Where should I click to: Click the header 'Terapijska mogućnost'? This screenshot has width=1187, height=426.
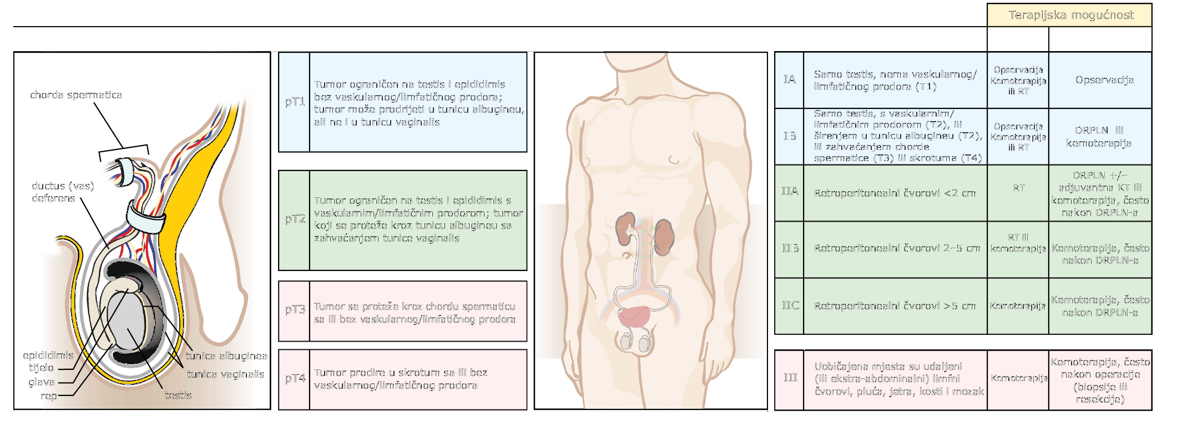click(x=1070, y=15)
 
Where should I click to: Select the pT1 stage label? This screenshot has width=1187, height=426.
click(x=295, y=102)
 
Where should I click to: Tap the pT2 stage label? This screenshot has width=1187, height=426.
click(x=295, y=219)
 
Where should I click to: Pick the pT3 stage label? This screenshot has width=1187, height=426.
click(x=295, y=309)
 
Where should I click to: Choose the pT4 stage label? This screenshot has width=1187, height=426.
click(x=295, y=378)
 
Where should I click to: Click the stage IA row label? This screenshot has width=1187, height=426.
click(x=790, y=79)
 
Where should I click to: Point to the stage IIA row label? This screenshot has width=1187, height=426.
click(x=790, y=191)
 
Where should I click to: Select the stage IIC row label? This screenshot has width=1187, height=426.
click(x=790, y=305)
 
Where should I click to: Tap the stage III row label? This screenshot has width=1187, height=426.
click(x=790, y=378)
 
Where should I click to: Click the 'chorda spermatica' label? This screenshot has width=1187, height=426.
click(x=76, y=95)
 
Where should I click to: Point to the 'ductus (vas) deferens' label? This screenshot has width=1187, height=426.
click(x=62, y=192)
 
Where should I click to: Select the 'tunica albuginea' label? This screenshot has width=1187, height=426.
click(x=226, y=356)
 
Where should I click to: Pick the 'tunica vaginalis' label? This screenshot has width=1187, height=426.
click(x=225, y=374)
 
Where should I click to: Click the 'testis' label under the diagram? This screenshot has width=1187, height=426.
click(x=178, y=395)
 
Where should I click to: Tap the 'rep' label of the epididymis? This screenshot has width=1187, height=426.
click(x=49, y=396)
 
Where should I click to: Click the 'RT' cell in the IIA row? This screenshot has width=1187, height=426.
click(x=1018, y=188)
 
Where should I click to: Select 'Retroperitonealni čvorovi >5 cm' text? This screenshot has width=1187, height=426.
click(x=895, y=306)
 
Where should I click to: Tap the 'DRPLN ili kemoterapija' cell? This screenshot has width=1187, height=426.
click(x=1099, y=137)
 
